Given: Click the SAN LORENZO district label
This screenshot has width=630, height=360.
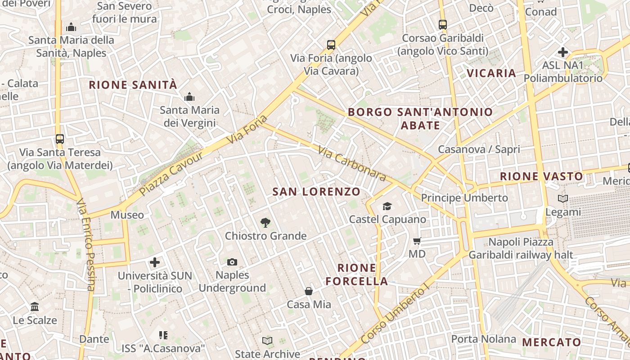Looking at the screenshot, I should [316, 192].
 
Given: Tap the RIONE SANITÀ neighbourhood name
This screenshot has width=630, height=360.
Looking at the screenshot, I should [133, 85].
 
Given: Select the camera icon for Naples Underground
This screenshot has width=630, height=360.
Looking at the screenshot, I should [232, 262].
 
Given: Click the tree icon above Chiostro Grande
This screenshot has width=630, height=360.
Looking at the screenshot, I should [265, 222].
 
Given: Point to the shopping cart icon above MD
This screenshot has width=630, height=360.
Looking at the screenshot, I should [417, 241].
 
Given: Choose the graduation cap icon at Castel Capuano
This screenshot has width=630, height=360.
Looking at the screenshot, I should [387, 207].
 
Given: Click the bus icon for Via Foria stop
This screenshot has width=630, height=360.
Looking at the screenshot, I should [331, 45].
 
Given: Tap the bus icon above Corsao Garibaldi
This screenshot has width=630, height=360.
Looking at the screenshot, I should [443, 25].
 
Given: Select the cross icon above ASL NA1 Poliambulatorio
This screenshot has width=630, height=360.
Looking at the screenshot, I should [562, 52].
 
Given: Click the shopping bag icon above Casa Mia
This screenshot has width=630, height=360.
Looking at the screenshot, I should [309, 291].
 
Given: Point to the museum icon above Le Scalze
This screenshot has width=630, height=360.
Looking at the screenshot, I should [35, 307].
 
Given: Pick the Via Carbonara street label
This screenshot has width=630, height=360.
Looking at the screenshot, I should [352, 163].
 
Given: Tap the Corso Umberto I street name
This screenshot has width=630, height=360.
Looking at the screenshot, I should [393, 315].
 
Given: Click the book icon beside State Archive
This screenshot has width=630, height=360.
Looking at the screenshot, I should [267, 341].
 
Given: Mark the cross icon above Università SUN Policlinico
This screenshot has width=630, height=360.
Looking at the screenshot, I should [155, 262].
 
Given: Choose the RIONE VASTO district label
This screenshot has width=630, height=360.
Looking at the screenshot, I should [541, 176].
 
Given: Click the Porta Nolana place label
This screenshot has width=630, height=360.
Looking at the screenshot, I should [483, 339].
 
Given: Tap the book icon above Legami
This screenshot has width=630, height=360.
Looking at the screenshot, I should [562, 198].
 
